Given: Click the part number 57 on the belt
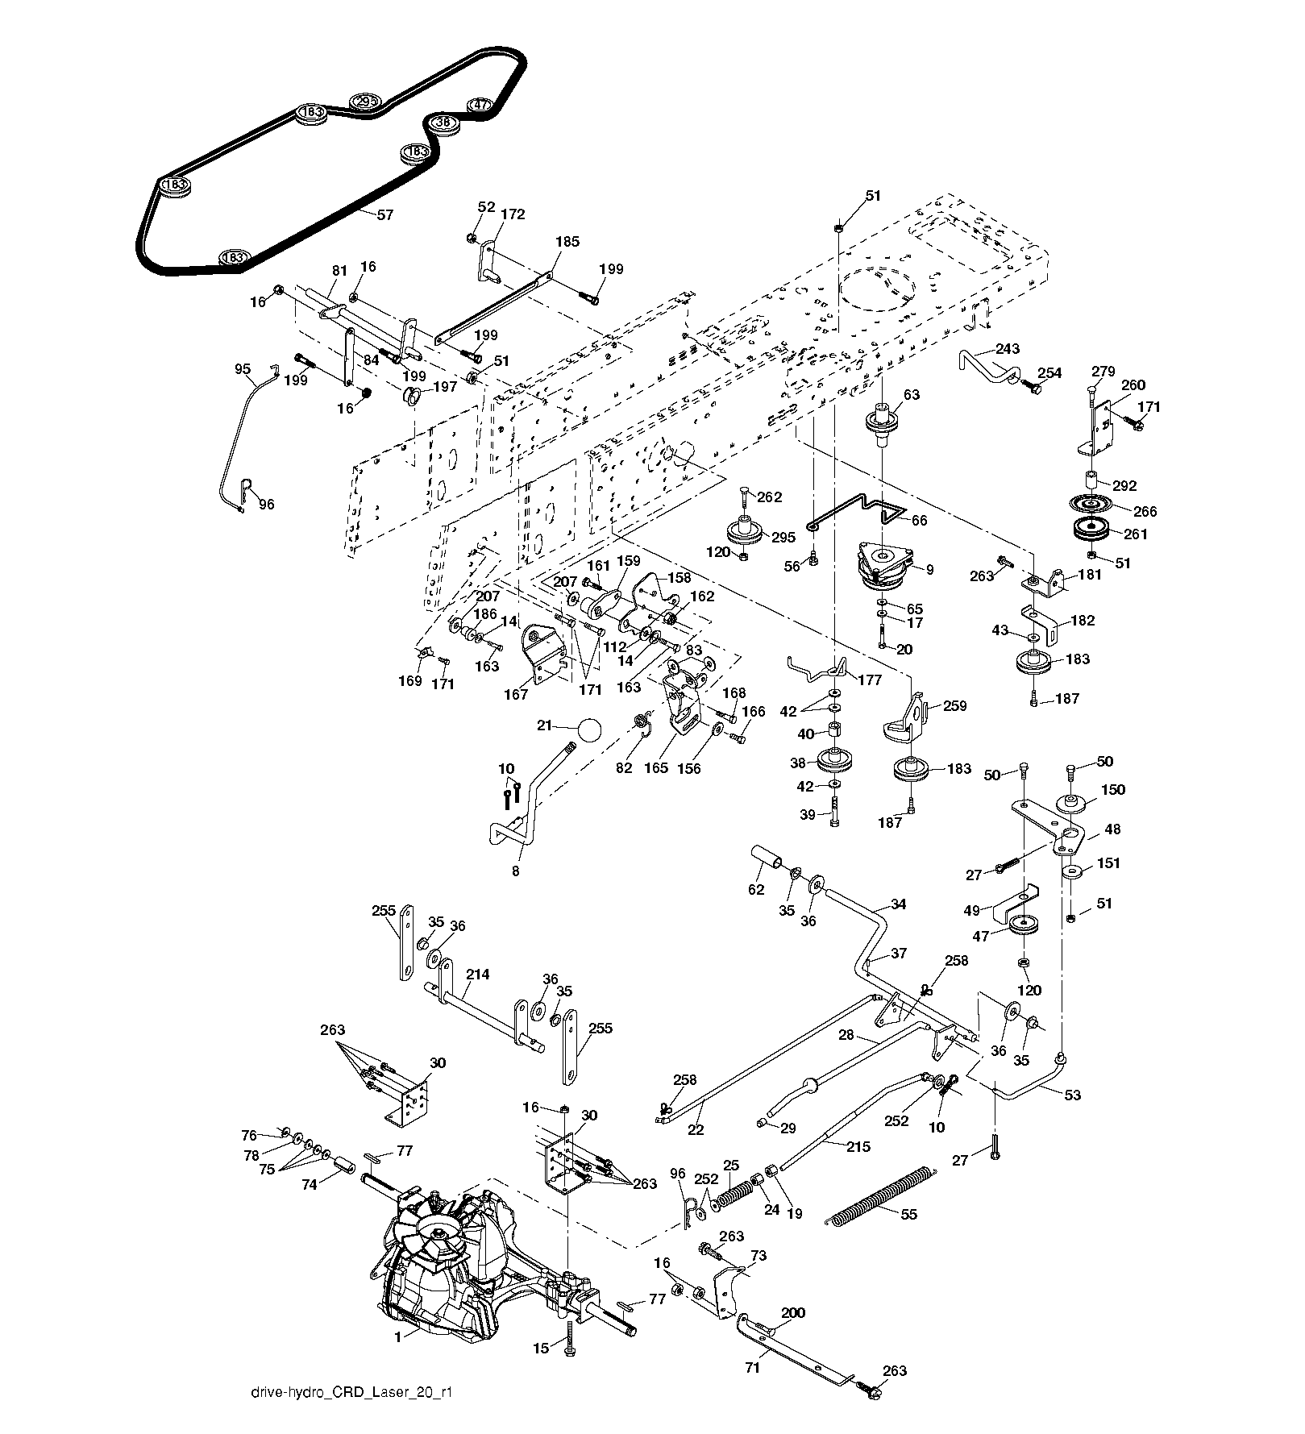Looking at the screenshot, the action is [385, 214].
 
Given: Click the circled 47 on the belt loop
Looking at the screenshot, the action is [480, 105].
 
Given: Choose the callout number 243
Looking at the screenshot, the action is [1007, 349].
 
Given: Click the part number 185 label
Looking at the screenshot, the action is [567, 241].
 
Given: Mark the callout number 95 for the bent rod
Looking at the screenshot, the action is [243, 369].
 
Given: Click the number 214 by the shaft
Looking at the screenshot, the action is [478, 975].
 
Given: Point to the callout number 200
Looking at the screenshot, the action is [793, 1313].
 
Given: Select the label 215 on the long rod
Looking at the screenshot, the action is [858, 1146].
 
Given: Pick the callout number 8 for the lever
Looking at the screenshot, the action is [515, 871].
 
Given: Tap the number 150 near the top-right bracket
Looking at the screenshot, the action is [1113, 789].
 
